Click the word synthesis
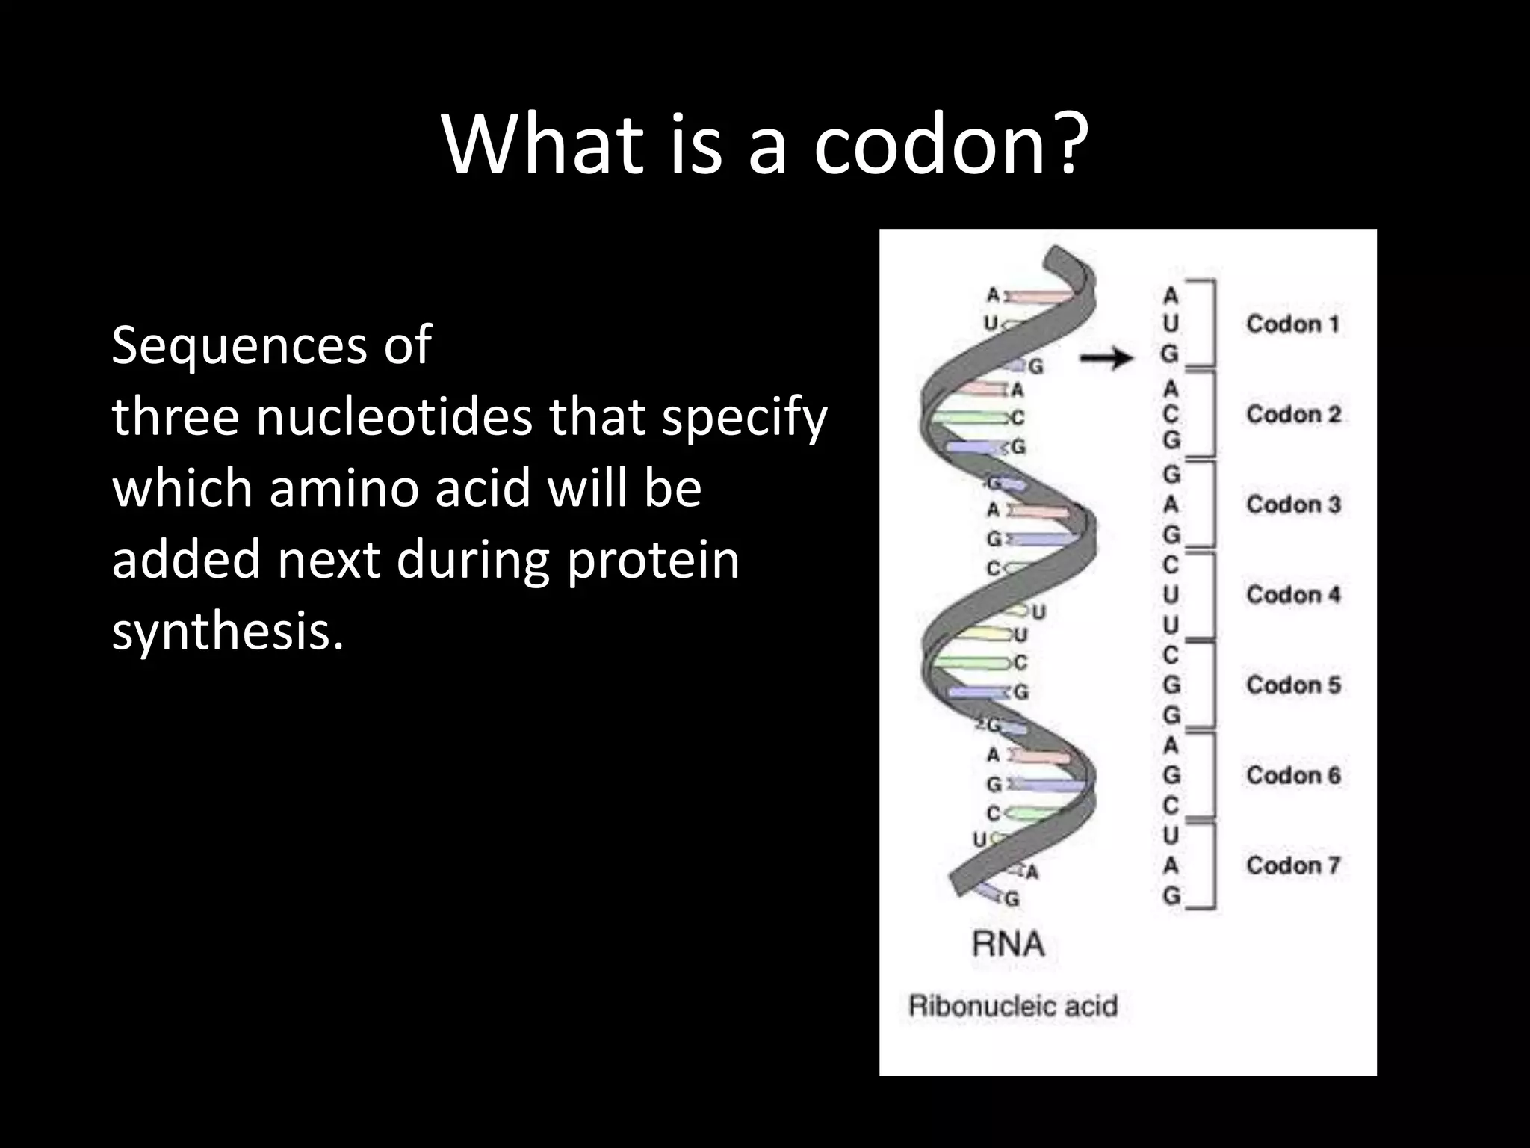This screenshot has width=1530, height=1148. pos(228,632)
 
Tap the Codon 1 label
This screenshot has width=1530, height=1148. pos(1292,324)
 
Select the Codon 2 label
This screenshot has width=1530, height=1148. pos(1293,414)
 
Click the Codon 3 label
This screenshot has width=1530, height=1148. pos(1293,504)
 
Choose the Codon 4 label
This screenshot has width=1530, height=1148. pos(1293,595)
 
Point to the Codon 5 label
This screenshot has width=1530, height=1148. pos(1293,685)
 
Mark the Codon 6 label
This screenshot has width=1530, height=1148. pos(1293,775)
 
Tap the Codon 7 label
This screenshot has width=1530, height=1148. pos(1293,865)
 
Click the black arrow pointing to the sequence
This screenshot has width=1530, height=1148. pos(1106,359)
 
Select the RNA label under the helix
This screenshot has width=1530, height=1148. pos(1008,945)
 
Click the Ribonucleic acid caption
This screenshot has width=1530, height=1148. pos(1012,1006)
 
